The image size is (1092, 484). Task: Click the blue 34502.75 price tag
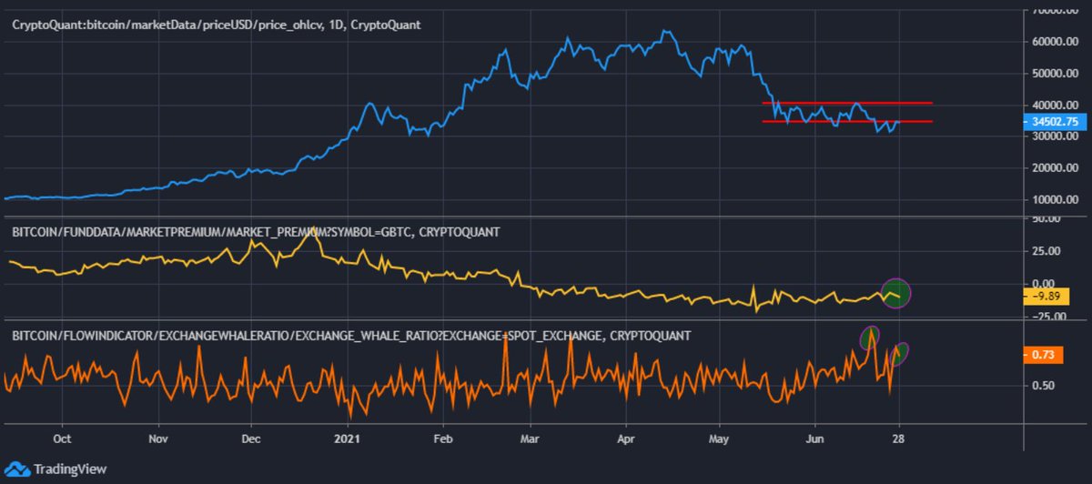(x=1055, y=121)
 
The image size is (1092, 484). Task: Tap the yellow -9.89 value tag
(x=1046, y=297)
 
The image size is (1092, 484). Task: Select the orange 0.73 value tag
(x=1043, y=354)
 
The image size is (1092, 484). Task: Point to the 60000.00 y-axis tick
(x=1055, y=42)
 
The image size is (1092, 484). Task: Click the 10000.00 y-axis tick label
(x=1055, y=199)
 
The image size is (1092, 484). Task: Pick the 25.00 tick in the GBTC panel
(x=1046, y=251)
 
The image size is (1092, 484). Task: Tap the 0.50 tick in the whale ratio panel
(x=1043, y=385)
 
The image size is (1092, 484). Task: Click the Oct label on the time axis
(x=62, y=439)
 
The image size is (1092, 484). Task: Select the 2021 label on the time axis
(x=347, y=439)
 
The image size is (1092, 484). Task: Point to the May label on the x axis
(x=719, y=439)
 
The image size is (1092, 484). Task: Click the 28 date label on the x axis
(x=898, y=439)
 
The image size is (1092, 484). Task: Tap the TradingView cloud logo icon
(x=17, y=469)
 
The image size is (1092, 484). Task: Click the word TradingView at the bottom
(x=70, y=469)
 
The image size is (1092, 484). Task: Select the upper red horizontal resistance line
(x=847, y=103)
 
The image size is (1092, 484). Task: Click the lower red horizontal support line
(x=847, y=121)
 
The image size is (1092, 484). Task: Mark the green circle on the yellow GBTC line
(x=896, y=294)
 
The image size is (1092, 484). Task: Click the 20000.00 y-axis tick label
(x=1055, y=167)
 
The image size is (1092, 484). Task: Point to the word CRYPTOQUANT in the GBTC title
(x=460, y=232)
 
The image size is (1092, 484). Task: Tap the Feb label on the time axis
(x=442, y=439)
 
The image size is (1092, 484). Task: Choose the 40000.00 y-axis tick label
(x=1055, y=105)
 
